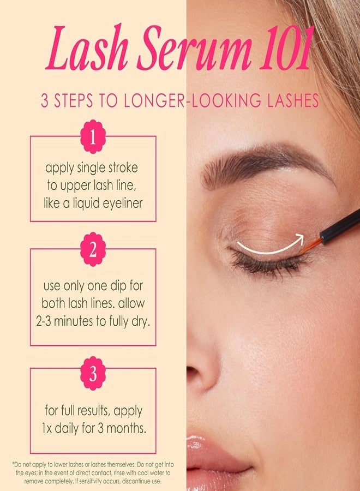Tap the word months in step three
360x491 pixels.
pos(127,428)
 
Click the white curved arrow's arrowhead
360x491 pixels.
pos(298,238)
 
